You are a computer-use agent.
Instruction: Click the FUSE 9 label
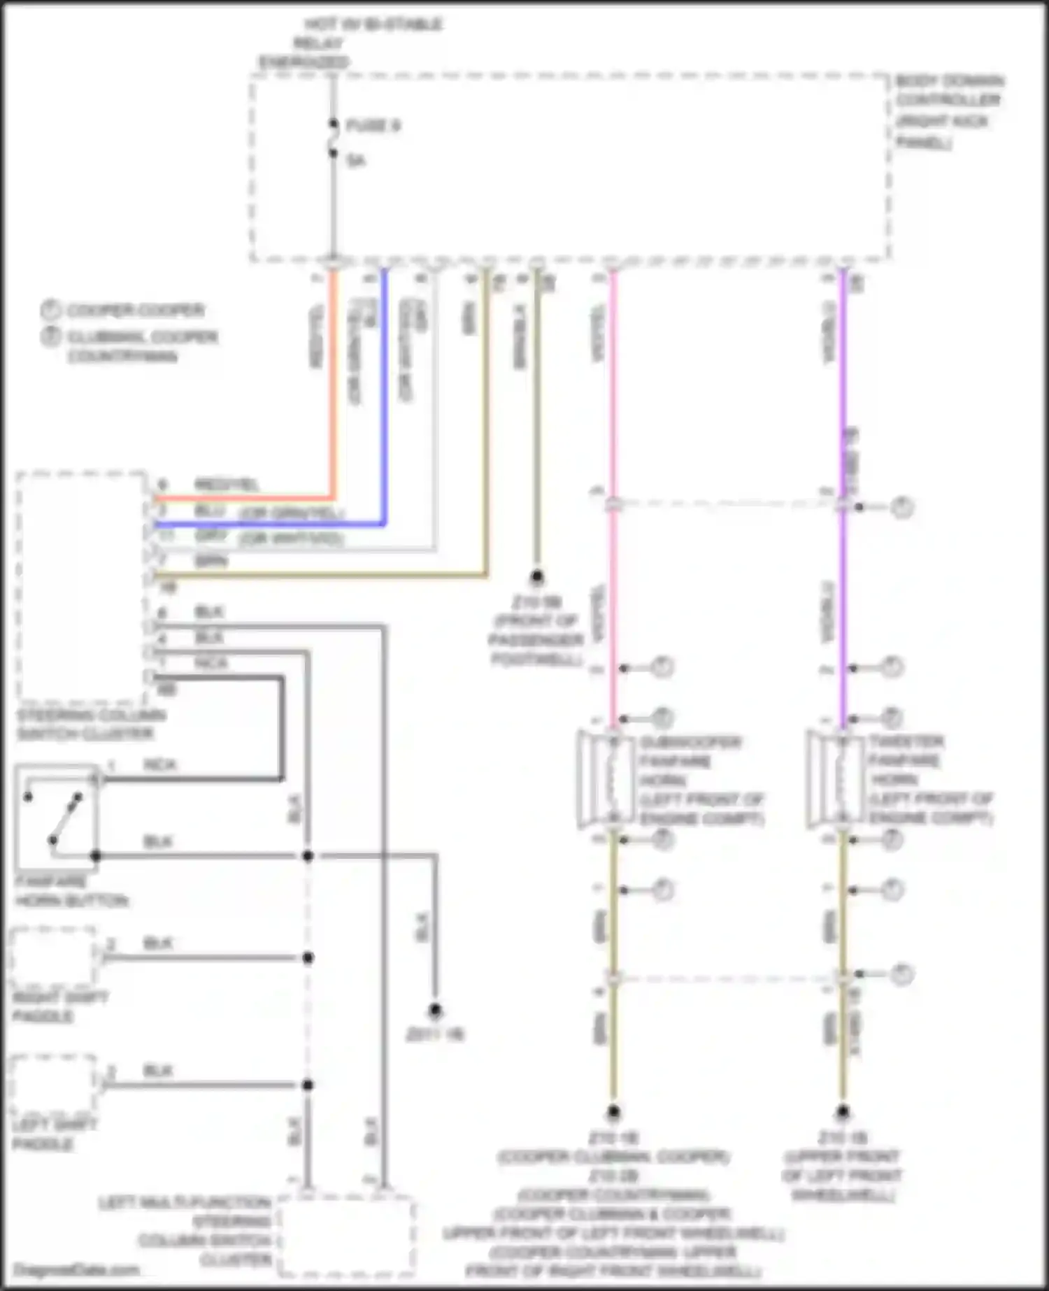(373, 126)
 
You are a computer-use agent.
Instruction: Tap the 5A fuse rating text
(356, 161)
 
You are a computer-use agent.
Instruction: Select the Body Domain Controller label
(948, 110)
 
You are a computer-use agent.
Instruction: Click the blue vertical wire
(384, 392)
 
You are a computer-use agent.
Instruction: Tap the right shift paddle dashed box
(53, 957)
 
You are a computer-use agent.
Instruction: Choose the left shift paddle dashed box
(53, 1084)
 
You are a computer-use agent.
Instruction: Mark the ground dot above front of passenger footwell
(536, 577)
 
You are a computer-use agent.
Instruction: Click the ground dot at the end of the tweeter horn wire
(843, 1111)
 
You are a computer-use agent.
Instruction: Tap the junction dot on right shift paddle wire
(308, 957)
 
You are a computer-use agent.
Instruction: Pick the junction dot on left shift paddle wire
(308, 1085)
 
